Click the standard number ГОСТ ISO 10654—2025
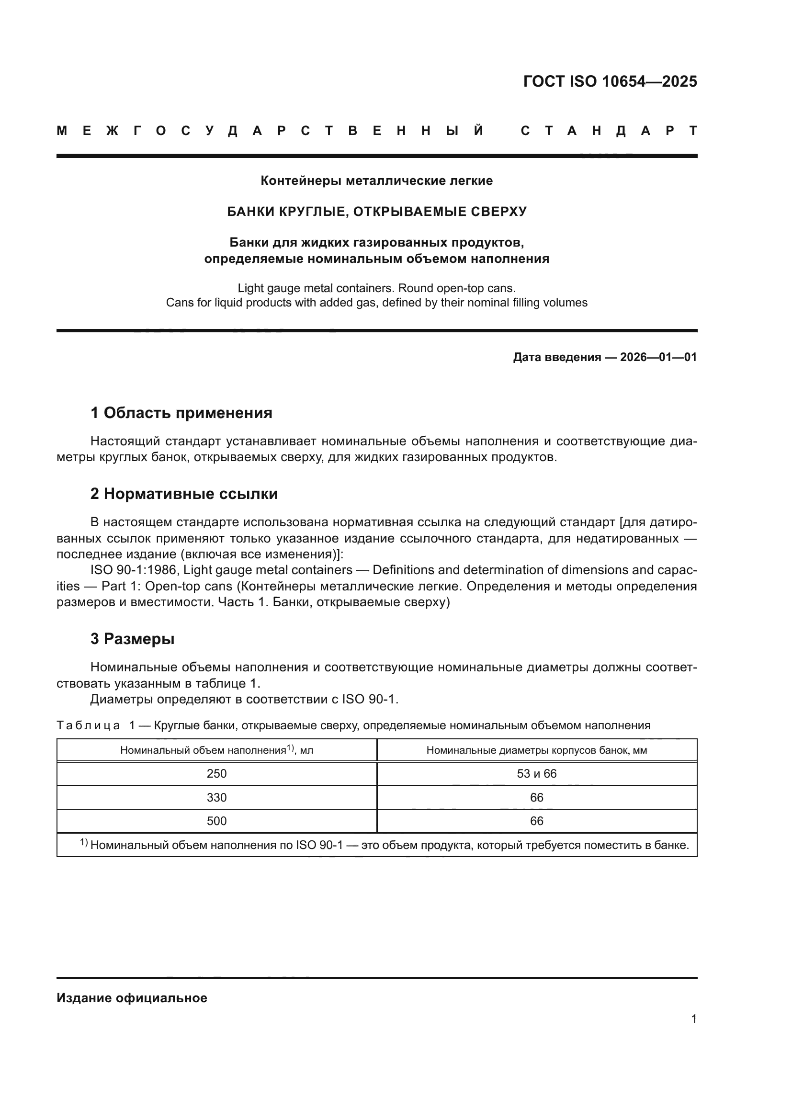(610, 81)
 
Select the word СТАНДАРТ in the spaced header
(609, 131)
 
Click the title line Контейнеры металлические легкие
(376, 181)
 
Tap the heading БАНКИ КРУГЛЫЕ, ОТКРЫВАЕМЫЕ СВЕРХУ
(376, 212)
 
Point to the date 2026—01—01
(658, 357)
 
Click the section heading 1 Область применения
(181, 413)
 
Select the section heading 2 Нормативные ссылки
(184, 494)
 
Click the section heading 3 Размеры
(132, 639)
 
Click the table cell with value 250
(216, 774)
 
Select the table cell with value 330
(216, 798)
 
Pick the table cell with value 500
(216, 821)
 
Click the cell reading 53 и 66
(536, 774)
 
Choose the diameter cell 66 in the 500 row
(536, 821)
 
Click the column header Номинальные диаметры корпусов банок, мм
(536, 750)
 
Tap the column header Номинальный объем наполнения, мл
(216, 750)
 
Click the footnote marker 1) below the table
(84, 842)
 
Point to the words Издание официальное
(132, 998)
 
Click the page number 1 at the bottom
(693, 1018)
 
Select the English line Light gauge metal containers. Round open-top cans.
(376, 288)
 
